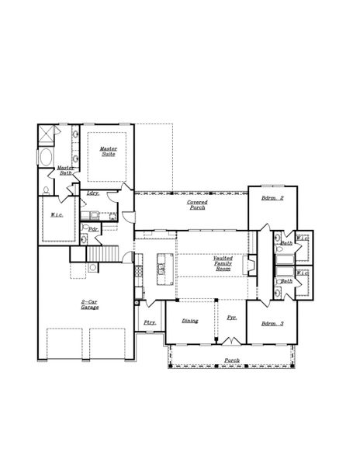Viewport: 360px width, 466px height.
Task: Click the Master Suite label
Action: tap(108, 151)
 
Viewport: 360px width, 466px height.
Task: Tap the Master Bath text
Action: tap(65, 169)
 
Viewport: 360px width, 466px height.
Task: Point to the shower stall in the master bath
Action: tap(47, 135)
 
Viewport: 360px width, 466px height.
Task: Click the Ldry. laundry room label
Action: tap(92, 193)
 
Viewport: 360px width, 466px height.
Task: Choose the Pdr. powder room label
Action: tap(92, 229)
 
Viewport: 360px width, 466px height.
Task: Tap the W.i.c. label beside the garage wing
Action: tap(57, 215)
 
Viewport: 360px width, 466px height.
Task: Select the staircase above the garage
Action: tap(101, 254)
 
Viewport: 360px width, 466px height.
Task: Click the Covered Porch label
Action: tap(197, 205)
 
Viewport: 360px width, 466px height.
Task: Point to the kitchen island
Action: tap(163, 264)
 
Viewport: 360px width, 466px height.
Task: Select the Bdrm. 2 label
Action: tap(272, 199)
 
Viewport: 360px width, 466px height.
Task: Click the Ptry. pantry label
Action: tap(149, 322)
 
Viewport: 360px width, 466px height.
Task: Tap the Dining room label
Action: tap(190, 321)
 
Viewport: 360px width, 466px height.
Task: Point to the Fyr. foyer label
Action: tap(231, 318)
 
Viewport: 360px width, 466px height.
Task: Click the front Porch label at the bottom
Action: tap(231, 360)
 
